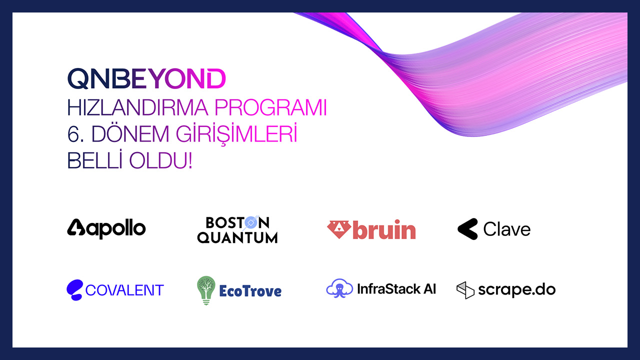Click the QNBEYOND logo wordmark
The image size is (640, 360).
pyautogui.click(x=146, y=78)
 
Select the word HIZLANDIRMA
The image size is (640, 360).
pyautogui.click(x=137, y=107)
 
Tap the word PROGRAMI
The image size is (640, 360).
pyautogui.click(x=270, y=107)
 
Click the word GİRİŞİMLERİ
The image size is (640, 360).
pyautogui.click(x=236, y=134)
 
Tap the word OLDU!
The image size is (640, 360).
pyautogui.click(x=161, y=161)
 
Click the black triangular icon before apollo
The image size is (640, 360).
pyautogui.click(x=76, y=227)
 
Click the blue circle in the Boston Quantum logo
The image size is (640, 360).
pyautogui.click(x=250, y=222)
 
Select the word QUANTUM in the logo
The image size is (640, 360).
pyautogui.click(x=237, y=237)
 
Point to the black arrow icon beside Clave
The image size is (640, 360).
pyautogui.click(x=467, y=229)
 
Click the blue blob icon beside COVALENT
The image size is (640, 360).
pyautogui.click(x=75, y=290)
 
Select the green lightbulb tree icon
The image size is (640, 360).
pyautogui.click(x=206, y=290)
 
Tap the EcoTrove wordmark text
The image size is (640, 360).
pyautogui.click(x=250, y=291)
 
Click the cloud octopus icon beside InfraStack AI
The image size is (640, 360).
pyautogui.click(x=339, y=288)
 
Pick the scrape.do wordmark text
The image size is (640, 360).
pyautogui.click(x=517, y=289)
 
